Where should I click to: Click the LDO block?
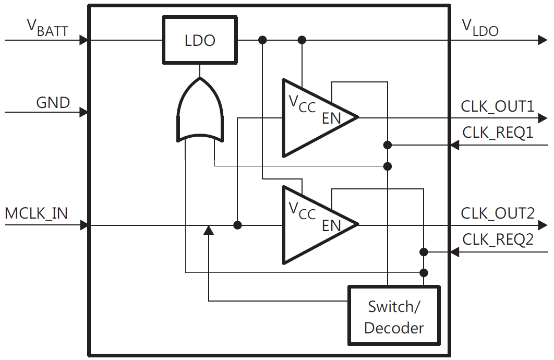pos(200,40)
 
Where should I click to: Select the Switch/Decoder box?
pos(394,316)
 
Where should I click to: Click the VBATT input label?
pos(47,28)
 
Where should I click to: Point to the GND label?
pos(53,102)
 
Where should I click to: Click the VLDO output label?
pos(480,28)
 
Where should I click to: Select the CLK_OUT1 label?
pos(497,106)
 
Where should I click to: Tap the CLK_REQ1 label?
pos(498,133)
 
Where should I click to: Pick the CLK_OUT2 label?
pos(497,213)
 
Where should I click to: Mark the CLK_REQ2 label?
pos(498,239)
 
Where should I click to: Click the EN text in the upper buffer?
pos(331,118)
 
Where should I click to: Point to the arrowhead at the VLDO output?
pos(543,40)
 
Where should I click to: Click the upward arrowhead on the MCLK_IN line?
pos(208,231)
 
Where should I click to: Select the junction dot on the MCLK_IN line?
pos(238,225)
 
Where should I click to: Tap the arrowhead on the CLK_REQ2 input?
pos(454,253)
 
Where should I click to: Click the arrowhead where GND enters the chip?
pos(83,112)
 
